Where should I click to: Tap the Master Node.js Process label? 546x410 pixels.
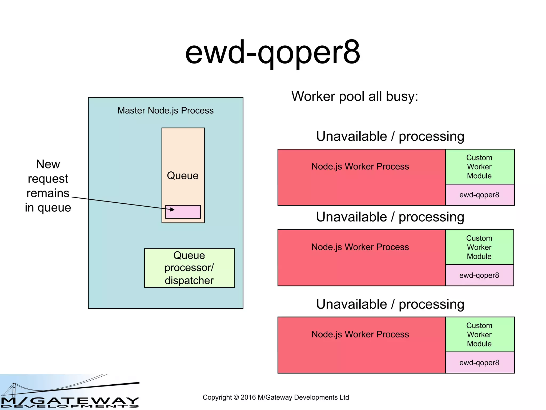pyautogui.click(x=165, y=111)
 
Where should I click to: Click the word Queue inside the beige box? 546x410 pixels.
pyautogui.click(x=183, y=176)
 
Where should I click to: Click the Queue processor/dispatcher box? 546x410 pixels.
pyautogui.click(x=189, y=268)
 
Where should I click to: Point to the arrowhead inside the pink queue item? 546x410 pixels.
pyautogui.click(x=172, y=210)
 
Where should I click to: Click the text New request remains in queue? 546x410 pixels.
pyautogui.click(x=48, y=186)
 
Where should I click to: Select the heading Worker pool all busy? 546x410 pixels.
pyautogui.click(x=355, y=96)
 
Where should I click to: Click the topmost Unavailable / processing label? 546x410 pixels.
pyautogui.click(x=390, y=136)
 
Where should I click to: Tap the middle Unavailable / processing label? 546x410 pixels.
pyautogui.click(x=390, y=217)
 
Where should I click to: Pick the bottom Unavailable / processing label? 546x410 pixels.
pyautogui.click(x=390, y=304)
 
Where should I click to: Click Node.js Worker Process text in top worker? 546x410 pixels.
pyautogui.click(x=360, y=167)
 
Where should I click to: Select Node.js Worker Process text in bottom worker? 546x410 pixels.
pyautogui.click(x=360, y=334)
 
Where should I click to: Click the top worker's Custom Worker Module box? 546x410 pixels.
pyautogui.click(x=479, y=167)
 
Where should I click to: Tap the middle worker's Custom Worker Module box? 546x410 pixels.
pyautogui.click(x=479, y=247)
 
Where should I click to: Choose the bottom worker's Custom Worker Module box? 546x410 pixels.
pyautogui.click(x=479, y=334)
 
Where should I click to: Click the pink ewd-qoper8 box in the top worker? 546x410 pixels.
pyautogui.click(x=479, y=195)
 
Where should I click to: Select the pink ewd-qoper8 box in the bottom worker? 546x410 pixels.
pyautogui.click(x=479, y=362)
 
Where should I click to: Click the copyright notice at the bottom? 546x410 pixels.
pyautogui.click(x=276, y=397)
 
